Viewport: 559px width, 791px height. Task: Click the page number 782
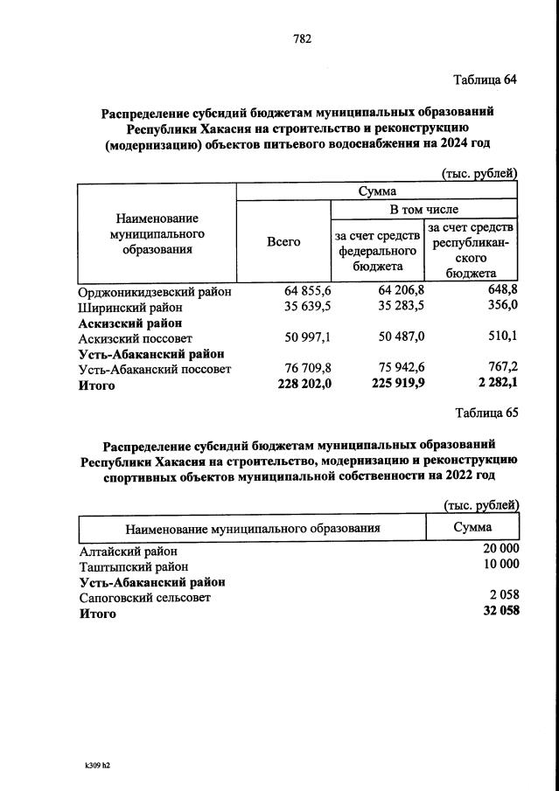[x=302, y=38]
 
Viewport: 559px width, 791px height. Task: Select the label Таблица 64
[x=486, y=80]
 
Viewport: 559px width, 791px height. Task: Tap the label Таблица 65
[x=486, y=413]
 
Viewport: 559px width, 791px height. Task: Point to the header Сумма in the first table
[x=377, y=191]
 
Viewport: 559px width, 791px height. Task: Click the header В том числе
[x=423, y=210]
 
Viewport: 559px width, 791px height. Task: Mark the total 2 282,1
[x=495, y=385]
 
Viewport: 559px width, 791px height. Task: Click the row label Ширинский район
[x=130, y=308]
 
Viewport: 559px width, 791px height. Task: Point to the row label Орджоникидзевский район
[x=155, y=292]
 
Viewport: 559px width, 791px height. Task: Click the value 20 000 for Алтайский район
[x=500, y=551]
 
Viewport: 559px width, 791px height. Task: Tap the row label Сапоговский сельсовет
[x=144, y=598]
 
